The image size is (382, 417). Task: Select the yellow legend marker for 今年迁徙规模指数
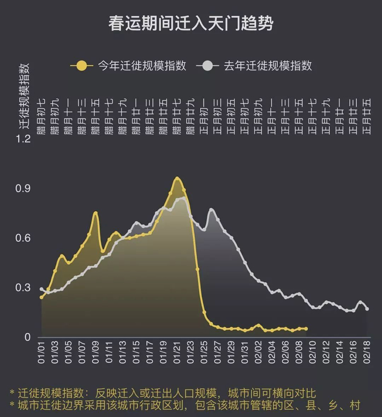pyautogui.click(x=82, y=66)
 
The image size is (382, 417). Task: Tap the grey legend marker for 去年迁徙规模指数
pyautogui.click(x=207, y=66)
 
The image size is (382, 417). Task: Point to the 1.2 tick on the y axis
pyautogui.click(x=23, y=139)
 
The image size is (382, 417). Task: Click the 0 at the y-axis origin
pyautogui.click(x=27, y=337)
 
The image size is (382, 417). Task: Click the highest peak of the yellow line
pyautogui.click(x=177, y=178)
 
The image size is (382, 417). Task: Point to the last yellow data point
pyautogui.click(x=306, y=329)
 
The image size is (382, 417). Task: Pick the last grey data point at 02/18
pyautogui.click(x=367, y=309)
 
